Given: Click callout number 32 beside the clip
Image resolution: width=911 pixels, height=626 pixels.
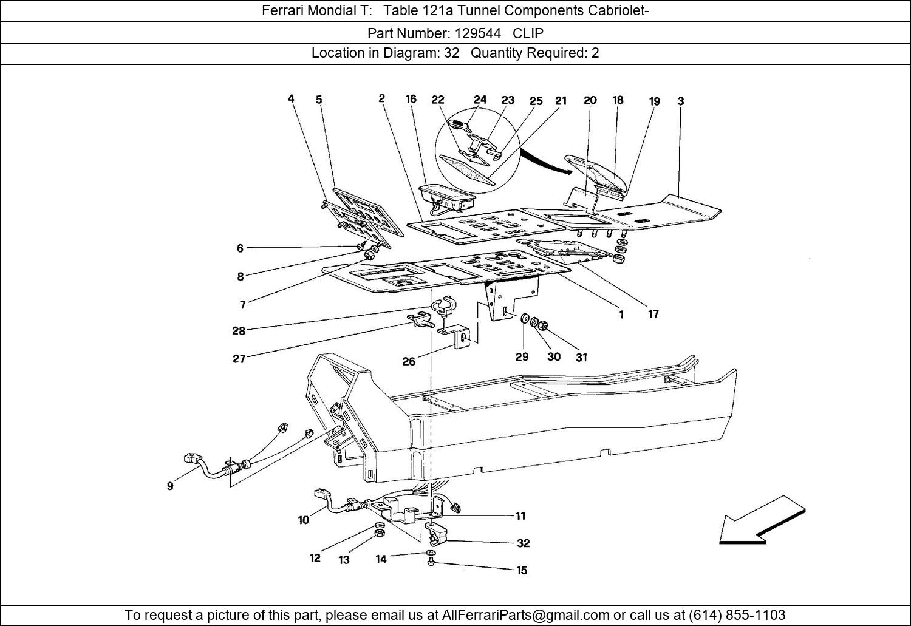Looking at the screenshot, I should click(523, 543).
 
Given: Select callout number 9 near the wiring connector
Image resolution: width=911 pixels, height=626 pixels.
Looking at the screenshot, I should click(170, 486).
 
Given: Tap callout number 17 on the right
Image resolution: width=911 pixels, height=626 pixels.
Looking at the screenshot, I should click(653, 315).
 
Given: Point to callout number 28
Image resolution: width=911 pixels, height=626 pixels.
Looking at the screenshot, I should click(238, 331).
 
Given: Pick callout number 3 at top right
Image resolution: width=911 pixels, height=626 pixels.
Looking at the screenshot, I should click(681, 101).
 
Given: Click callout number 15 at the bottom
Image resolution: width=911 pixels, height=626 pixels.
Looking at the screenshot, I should click(522, 570).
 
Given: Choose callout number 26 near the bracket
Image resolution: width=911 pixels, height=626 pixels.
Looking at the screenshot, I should click(409, 362).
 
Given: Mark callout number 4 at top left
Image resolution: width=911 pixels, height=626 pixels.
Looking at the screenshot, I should click(292, 98).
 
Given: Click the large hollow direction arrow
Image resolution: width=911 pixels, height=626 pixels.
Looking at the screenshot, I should click(762, 520).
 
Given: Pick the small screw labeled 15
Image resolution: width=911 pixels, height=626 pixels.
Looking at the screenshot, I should click(430, 563).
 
